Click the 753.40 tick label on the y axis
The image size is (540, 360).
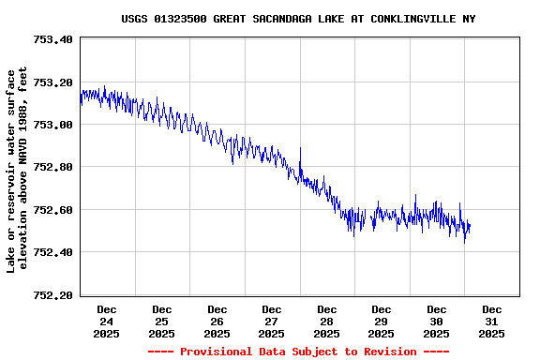click(52, 39)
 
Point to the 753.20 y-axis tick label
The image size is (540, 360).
click(52, 82)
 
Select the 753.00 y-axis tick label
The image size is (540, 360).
click(52, 125)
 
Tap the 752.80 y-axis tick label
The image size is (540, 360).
click(52, 167)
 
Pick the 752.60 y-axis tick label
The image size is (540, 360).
click(52, 210)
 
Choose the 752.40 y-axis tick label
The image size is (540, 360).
click(52, 252)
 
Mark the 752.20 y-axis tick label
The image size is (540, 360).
click(52, 295)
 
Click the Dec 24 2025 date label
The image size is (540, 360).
click(107, 321)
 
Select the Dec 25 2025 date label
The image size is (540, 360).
click(161, 321)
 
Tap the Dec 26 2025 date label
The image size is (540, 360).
click(217, 321)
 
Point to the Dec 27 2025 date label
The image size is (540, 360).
click(272, 321)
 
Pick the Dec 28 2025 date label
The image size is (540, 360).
click(326, 321)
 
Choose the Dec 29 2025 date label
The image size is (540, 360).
click(382, 321)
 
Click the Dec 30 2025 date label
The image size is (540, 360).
click(437, 321)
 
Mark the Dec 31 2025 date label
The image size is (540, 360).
click(491, 321)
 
